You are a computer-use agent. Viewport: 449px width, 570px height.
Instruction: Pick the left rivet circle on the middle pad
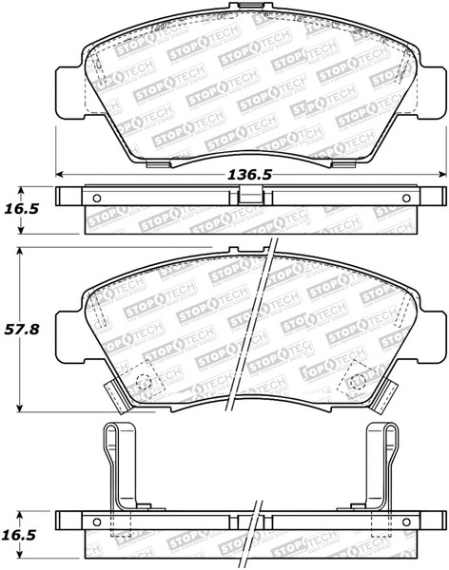[x=146, y=382]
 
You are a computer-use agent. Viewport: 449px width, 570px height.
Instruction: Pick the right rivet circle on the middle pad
[x=357, y=382]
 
